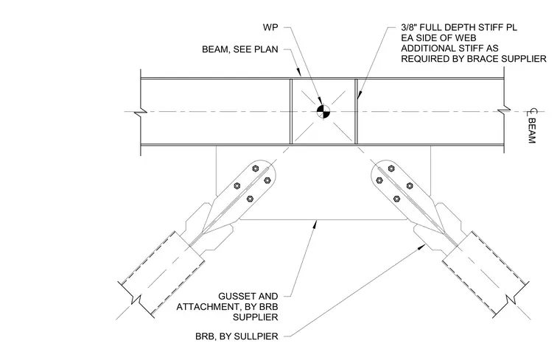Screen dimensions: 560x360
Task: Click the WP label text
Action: point(270,27)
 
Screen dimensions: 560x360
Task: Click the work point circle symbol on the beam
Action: point(323,111)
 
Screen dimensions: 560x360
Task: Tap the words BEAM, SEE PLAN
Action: point(240,49)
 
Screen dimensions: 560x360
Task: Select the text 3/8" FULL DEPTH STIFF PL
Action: point(459,27)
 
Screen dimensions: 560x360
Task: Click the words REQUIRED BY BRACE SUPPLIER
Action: point(474,58)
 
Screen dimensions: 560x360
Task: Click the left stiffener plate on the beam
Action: point(291,111)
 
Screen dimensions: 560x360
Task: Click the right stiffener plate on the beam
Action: point(356,111)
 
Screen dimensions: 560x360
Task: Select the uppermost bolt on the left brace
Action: point(256,168)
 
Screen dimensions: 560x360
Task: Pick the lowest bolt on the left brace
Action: point(250,198)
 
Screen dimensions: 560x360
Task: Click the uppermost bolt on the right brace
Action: point(391,168)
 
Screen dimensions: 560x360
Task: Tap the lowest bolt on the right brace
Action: point(396,198)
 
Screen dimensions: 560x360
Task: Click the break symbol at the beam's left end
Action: point(141,112)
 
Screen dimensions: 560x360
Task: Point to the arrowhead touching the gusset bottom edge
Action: point(315,224)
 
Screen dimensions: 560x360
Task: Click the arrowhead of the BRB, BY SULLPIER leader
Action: point(421,246)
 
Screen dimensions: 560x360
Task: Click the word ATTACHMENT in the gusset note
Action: point(205,306)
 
